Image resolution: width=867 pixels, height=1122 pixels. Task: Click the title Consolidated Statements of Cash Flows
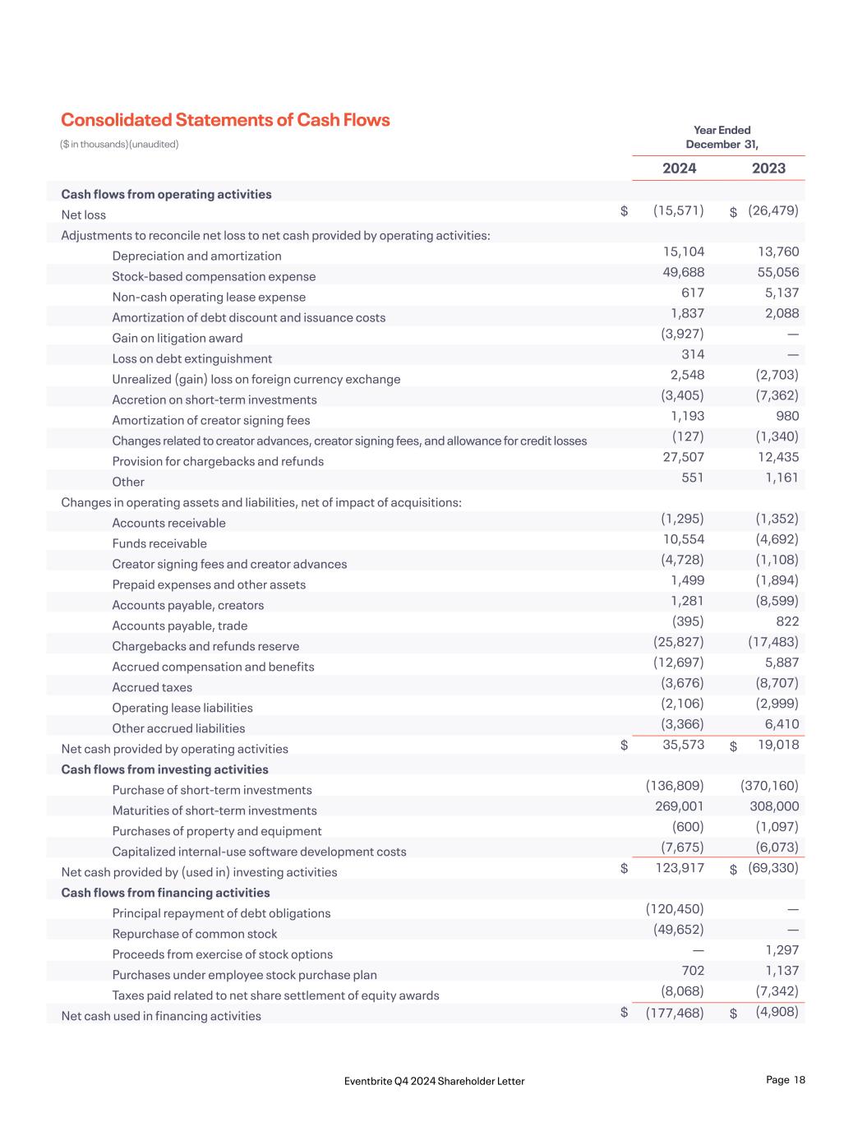pyautogui.click(x=225, y=120)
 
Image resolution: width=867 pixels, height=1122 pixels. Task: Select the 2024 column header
pyautogui.click(x=679, y=169)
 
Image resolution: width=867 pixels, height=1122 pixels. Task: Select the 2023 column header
pyautogui.click(x=768, y=169)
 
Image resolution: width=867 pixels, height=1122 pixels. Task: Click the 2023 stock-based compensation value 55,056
pyautogui.click(x=777, y=272)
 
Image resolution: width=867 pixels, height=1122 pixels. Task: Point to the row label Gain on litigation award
pyautogui.click(x=178, y=338)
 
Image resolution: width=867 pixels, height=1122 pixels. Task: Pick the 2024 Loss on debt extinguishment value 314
pyautogui.click(x=692, y=354)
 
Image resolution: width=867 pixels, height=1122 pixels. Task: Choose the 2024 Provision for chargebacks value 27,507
pyautogui.click(x=684, y=457)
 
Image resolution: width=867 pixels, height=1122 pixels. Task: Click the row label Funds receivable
pyautogui.click(x=159, y=543)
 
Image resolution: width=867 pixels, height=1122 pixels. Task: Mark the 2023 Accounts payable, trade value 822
pyautogui.click(x=786, y=621)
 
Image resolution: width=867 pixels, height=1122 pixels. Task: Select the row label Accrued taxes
pyautogui.click(x=152, y=687)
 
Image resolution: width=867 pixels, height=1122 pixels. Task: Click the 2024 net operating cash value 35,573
pyautogui.click(x=683, y=745)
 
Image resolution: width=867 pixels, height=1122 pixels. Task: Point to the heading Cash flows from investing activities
pyautogui.click(x=164, y=769)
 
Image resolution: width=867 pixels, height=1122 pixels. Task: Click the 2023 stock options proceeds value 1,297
pyautogui.click(x=781, y=950)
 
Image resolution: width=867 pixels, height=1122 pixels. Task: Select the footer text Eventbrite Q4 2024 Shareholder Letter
pyautogui.click(x=435, y=1081)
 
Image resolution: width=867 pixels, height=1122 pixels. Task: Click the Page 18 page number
pyautogui.click(x=785, y=1080)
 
